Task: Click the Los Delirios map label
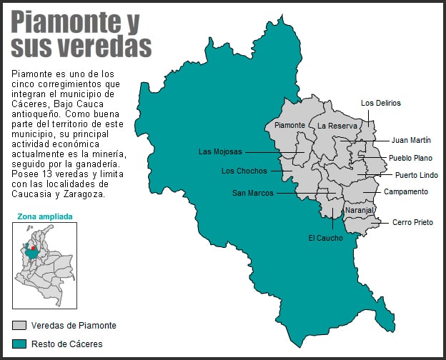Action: pyautogui.click(x=381, y=103)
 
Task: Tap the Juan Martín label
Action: pyautogui.click(x=410, y=140)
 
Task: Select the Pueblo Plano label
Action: pyautogui.click(x=410, y=158)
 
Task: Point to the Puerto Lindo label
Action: pyautogui.click(x=417, y=175)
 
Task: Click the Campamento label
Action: pyautogui.click(x=406, y=191)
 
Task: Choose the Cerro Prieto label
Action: pyautogui.click(x=412, y=222)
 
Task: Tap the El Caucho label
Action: pyautogui.click(x=325, y=238)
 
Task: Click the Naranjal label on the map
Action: pyautogui.click(x=359, y=211)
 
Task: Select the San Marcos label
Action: pyautogui.click(x=253, y=193)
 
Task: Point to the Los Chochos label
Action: pyautogui.click(x=244, y=171)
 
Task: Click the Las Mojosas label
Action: pyautogui.click(x=220, y=151)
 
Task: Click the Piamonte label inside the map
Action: pyautogui.click(x=290, y=125)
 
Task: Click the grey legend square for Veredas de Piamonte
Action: pyautogui.click(x=19, y=326)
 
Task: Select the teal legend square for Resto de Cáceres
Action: pyautogui.click(x=19, y=344)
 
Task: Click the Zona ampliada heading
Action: pyautogui.click(x=44, y=216)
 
